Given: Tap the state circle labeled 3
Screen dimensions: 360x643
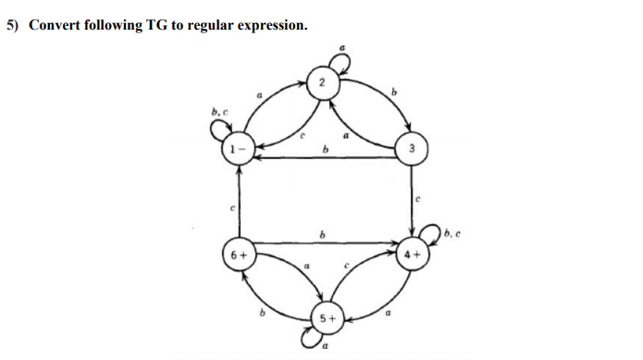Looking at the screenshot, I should (x=413, y=149).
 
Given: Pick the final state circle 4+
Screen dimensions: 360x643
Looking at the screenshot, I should (x=413, y=252).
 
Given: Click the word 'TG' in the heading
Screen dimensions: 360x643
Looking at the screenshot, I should (x=157, y=25).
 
